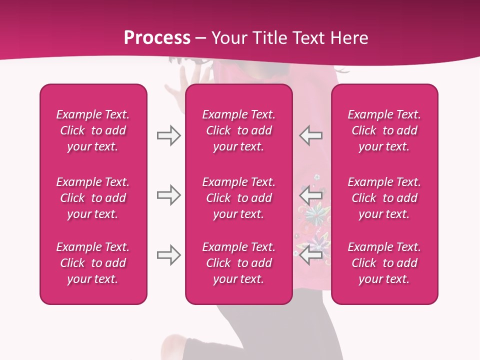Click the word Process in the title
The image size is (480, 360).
157,38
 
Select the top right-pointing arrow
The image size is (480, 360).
169,135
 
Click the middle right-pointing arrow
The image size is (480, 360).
169,195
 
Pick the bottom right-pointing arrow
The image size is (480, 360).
169,255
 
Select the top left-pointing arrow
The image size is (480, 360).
310,135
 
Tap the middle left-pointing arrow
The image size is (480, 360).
310,195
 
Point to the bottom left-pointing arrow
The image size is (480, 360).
310,255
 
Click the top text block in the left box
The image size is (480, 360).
93,130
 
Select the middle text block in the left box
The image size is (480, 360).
93,198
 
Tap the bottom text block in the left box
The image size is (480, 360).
93,263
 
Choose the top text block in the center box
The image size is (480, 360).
238,130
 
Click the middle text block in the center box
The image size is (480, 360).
238,198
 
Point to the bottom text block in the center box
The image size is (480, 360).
238,263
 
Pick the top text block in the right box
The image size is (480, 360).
384,130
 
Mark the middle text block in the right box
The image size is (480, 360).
384,198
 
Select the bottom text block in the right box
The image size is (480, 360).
384,263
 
